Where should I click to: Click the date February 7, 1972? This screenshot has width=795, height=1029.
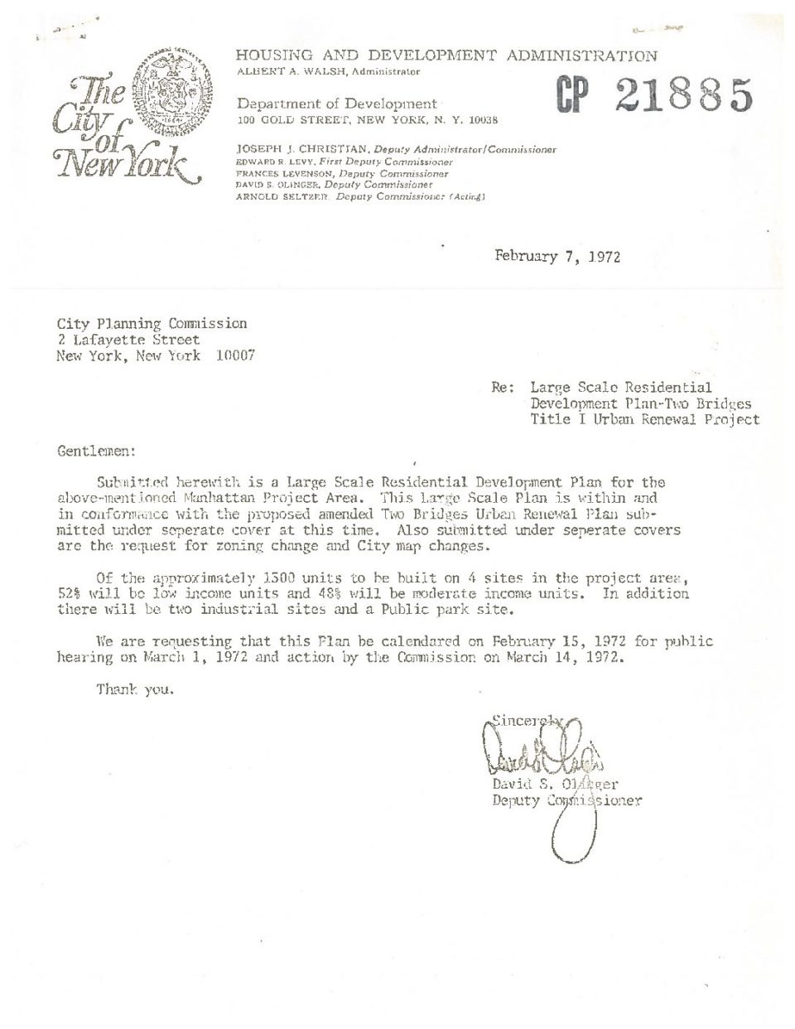click(x=557, y=256)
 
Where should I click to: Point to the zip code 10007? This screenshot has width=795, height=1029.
click(x=235, y=355)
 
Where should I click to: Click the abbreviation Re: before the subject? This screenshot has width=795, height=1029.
click(x=503, y=387)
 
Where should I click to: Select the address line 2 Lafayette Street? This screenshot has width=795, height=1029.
click(x=128, y=340)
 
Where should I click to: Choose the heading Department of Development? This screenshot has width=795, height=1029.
click(x=336, y=104)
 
